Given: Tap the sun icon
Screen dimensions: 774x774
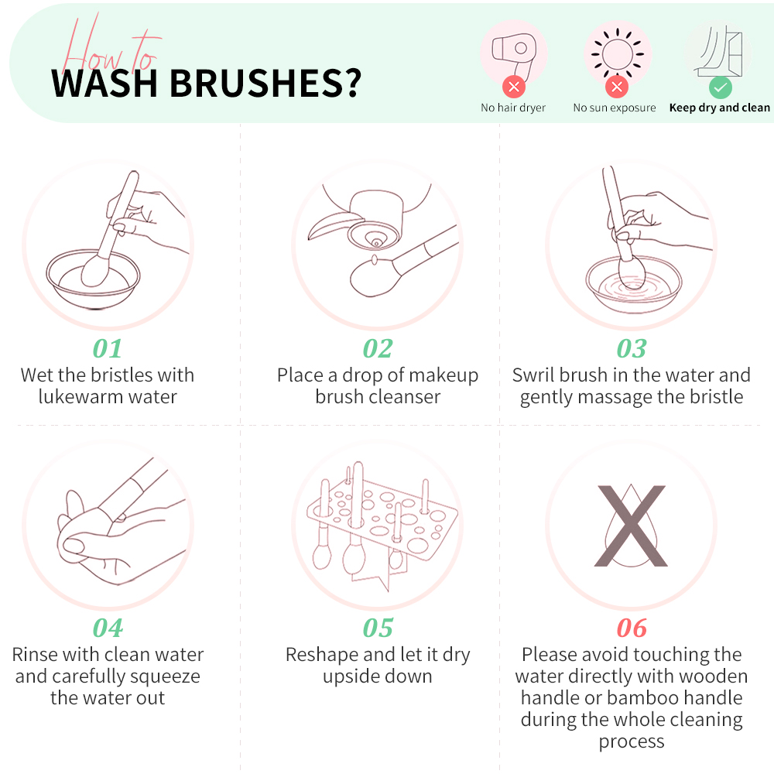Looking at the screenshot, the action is [617, 54].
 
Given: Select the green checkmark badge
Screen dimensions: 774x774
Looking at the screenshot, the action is [720, 88].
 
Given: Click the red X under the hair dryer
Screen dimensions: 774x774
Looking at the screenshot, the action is [514, 87].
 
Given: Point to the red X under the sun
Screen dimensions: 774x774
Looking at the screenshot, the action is [617, 87].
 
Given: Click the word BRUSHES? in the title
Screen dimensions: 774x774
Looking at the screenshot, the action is [266, 83].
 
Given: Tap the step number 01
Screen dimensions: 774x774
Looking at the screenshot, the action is [107, 348].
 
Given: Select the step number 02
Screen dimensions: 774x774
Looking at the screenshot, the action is [378, 348].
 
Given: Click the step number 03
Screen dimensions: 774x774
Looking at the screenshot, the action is [632, 348].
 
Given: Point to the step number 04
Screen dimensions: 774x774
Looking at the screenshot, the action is [108, 628].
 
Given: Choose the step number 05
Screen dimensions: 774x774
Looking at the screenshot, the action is [378, 628].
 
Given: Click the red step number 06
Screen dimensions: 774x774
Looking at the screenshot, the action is [632, 628].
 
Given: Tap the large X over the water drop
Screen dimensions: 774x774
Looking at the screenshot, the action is [632, 526].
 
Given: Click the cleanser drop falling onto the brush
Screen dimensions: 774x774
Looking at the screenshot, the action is [374, 259].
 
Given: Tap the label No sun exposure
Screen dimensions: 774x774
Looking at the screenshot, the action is [615, 108].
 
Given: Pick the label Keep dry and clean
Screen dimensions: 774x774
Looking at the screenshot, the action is [720, 108].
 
